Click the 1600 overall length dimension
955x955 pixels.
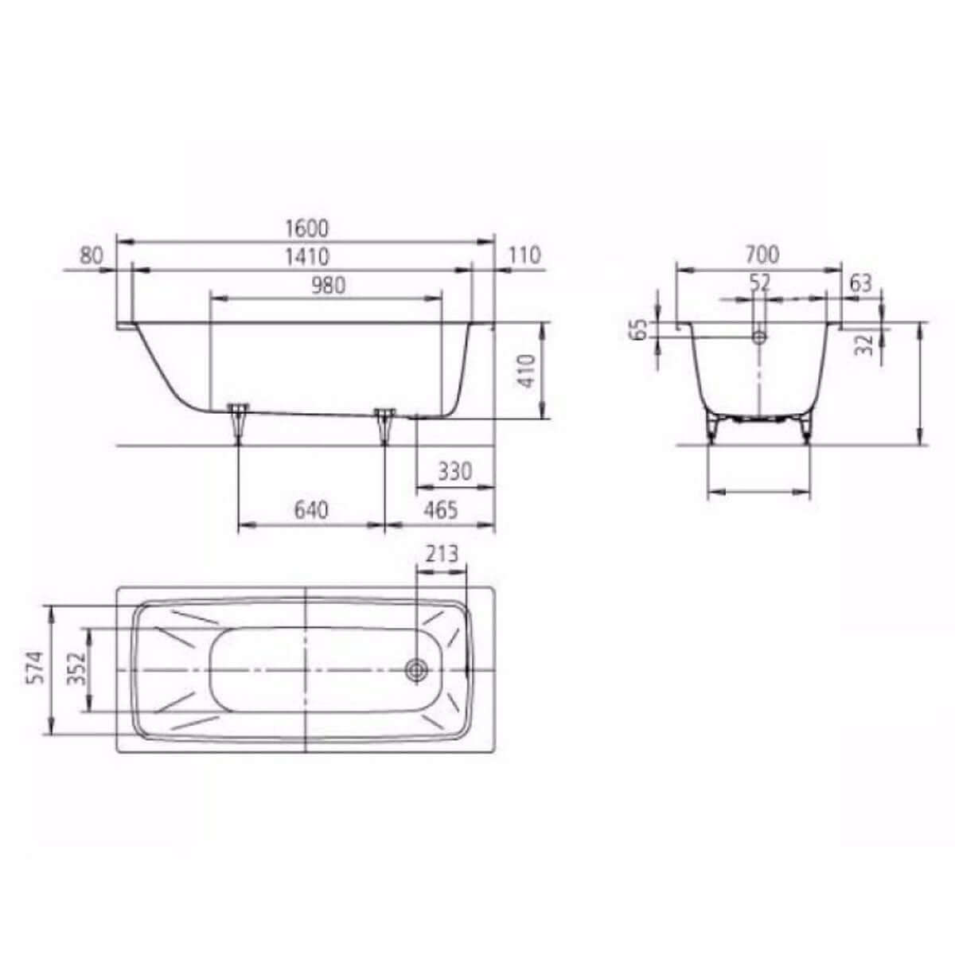pyautogui.click(x=306, y=228)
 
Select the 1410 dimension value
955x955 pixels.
pyautogui.click(x=306, y=257)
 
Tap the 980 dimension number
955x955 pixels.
pyautogui.click(x=328, y=286)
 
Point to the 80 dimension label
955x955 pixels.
pyautogui.click(x=92, y=255)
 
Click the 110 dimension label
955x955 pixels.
pyautogui.click(x=524, y=255)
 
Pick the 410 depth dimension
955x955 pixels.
pyautogui.click(x=527, y=371)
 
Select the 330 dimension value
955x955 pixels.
pyautogui.click(x=455, y=472)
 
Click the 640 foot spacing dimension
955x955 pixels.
pyautogui.click(x=311, y=510)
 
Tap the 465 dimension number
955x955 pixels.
pyautogui.click(x=441, y=510)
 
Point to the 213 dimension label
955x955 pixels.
pyautogui.click(x=442, y=554)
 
